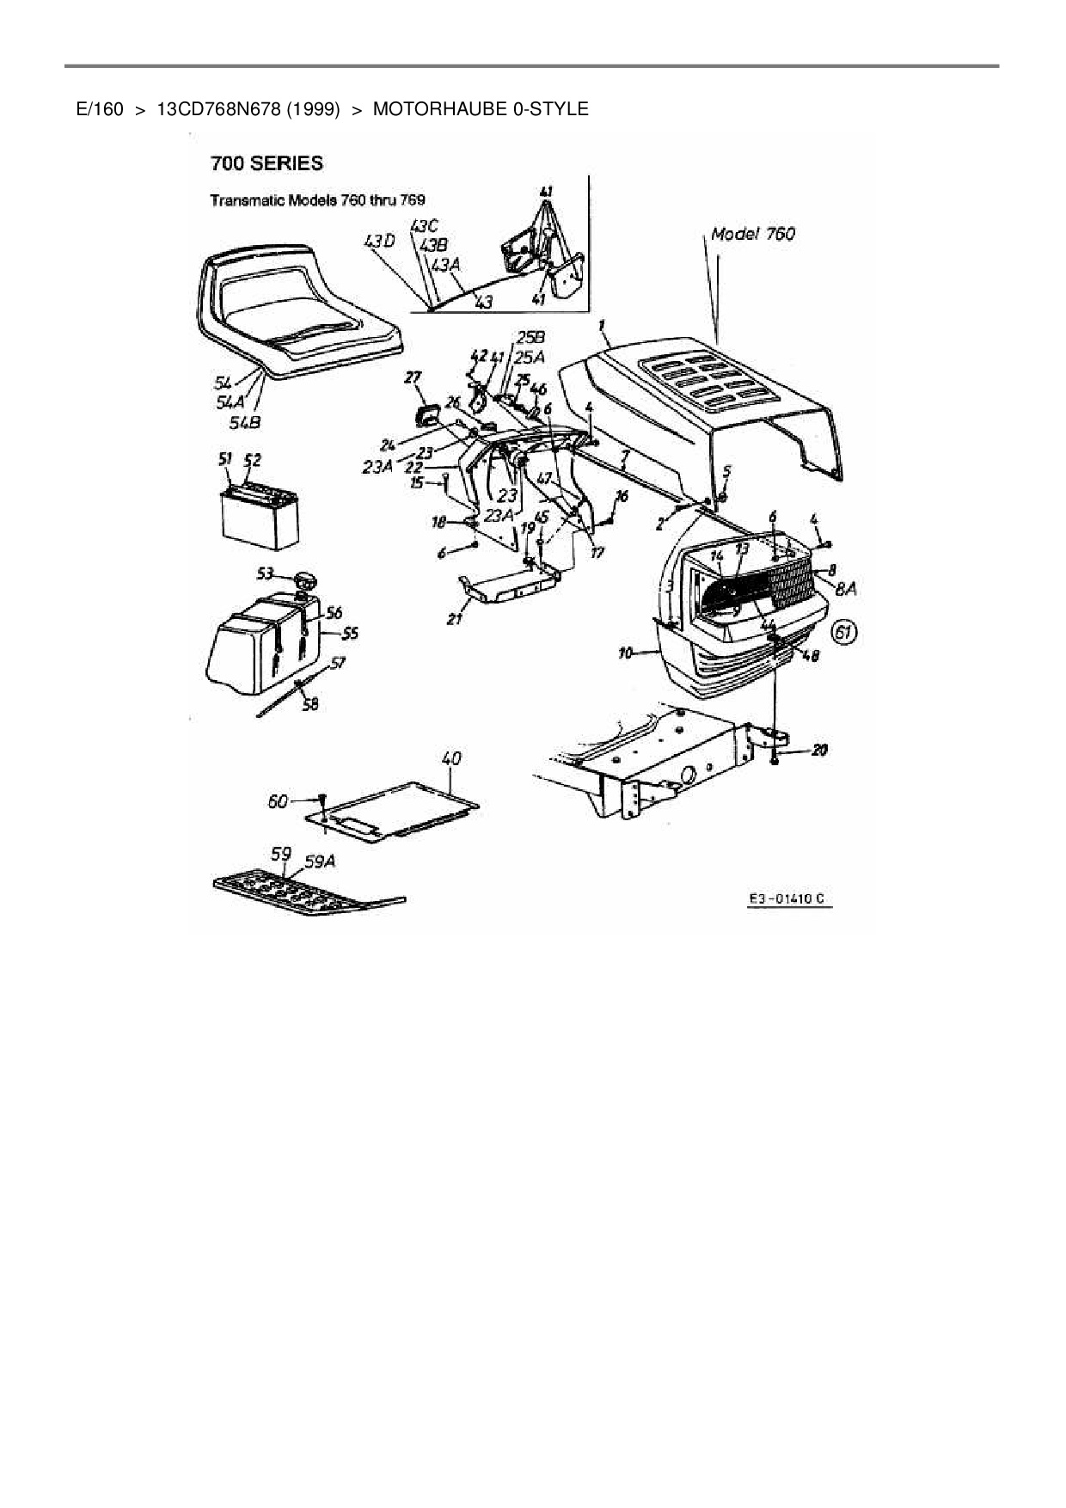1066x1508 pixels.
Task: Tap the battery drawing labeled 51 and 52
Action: click(x=260, y=518)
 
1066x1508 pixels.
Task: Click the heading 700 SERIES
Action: click(x=267, y=163)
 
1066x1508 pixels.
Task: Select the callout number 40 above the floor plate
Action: click(x=450, y=758)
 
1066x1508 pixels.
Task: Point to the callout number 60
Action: click(x=278, y=801)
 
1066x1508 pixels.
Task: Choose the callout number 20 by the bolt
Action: click(x=818, y=751)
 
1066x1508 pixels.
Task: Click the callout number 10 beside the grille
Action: click(x=626, y=653)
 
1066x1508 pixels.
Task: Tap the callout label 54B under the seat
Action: click(x=244, y=421)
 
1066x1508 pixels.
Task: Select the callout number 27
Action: click(x=414, y=377)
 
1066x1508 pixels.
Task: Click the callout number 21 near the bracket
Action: click(x=456, y=617)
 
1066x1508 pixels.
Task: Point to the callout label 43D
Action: click(x=379, y=242)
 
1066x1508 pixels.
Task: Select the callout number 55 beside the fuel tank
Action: click(x=350, y=634)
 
